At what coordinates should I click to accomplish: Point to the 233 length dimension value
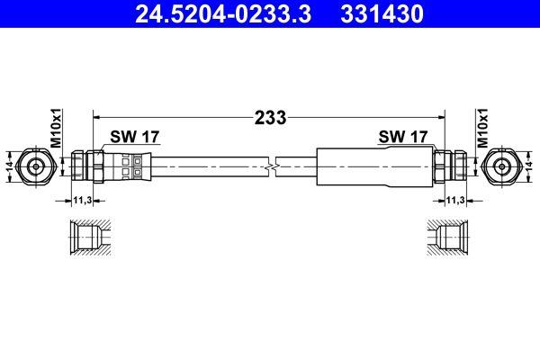271,117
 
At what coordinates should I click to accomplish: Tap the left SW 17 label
134,138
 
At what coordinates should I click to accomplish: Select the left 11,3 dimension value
82,202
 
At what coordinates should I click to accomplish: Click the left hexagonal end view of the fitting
37,166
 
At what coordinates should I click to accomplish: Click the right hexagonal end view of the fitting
501,166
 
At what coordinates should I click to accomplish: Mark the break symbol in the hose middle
271,166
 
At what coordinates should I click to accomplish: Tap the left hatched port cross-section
87,239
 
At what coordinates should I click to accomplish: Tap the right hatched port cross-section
451,239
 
